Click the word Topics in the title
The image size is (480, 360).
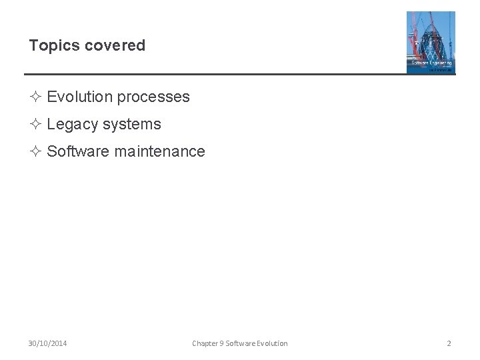pos(51,46)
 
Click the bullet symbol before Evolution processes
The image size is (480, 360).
pos(36,97)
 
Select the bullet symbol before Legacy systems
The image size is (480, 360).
pos(36,124)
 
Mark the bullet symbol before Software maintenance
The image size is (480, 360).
pos(36,151)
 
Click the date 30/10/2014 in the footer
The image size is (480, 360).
pos(47,343)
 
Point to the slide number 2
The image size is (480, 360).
pos(449,343)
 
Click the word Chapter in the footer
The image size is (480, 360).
pos(204,343)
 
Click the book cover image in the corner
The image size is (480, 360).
pos(431,42)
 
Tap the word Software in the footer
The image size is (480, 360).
pos(240,343)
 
